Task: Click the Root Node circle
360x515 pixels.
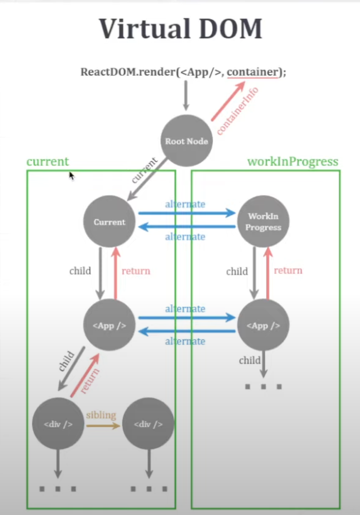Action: pyautogui.click(x=187, y=141)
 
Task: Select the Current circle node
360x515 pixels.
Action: pyautogui.click(x=109, y=222)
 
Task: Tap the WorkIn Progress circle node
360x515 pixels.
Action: pyautogui.click(x=263, y=222)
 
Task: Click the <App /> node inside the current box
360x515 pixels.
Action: pyautogui.click(x=109, y=325)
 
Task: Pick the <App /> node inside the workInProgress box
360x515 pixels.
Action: pyautogui.click(x=263, y=325)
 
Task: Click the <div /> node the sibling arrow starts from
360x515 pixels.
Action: pyautogui.click(x=58, y=424)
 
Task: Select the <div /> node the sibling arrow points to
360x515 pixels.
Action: pyautogui.click(x=148, y=424)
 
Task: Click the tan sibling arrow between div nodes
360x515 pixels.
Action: pyautogui.click(x=103, y=426)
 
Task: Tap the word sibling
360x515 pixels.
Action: pyautogui.click(x=101, y=415)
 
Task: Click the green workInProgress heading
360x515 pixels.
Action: pyautogui.click(x=292, y=162)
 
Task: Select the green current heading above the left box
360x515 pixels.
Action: pyautogui.click(x=47, y=162)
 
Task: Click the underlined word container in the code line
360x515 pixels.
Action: pyautogui.click(x=252, y=72)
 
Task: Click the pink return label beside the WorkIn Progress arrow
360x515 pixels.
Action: pyautogui.click(x=288, y=270)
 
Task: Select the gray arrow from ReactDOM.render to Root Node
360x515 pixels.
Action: pyautogui.click(x=186, y=96)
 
